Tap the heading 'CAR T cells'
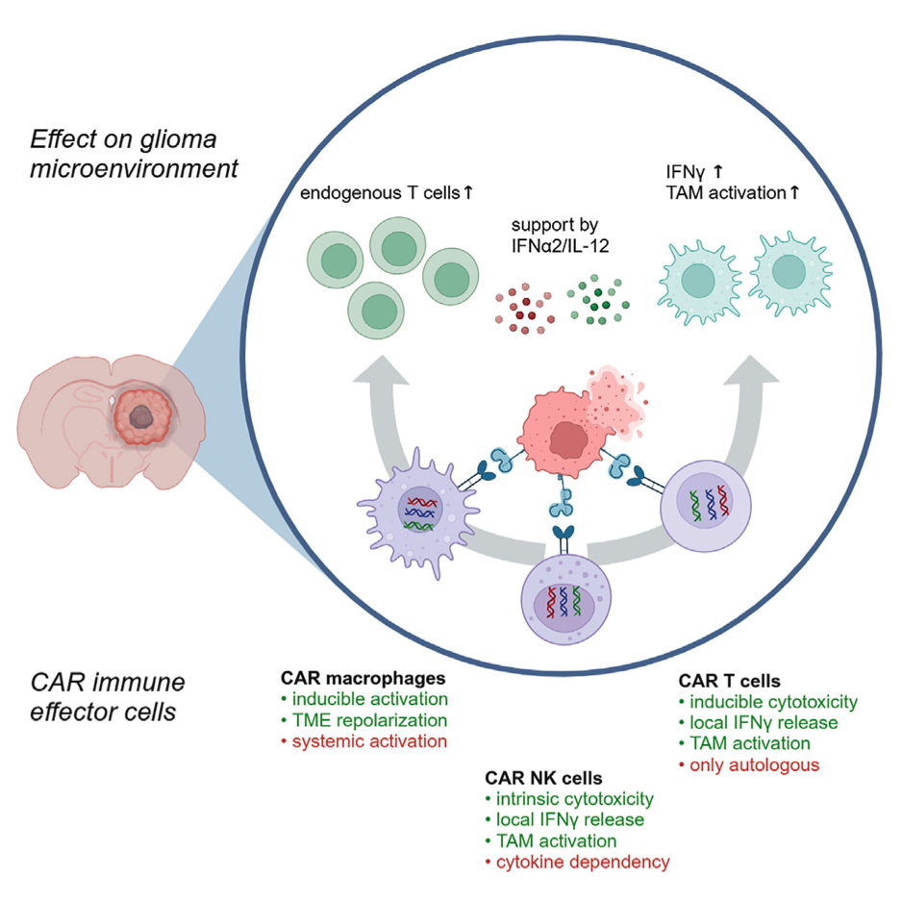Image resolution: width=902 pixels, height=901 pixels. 729,680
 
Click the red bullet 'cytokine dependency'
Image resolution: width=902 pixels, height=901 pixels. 579,862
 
